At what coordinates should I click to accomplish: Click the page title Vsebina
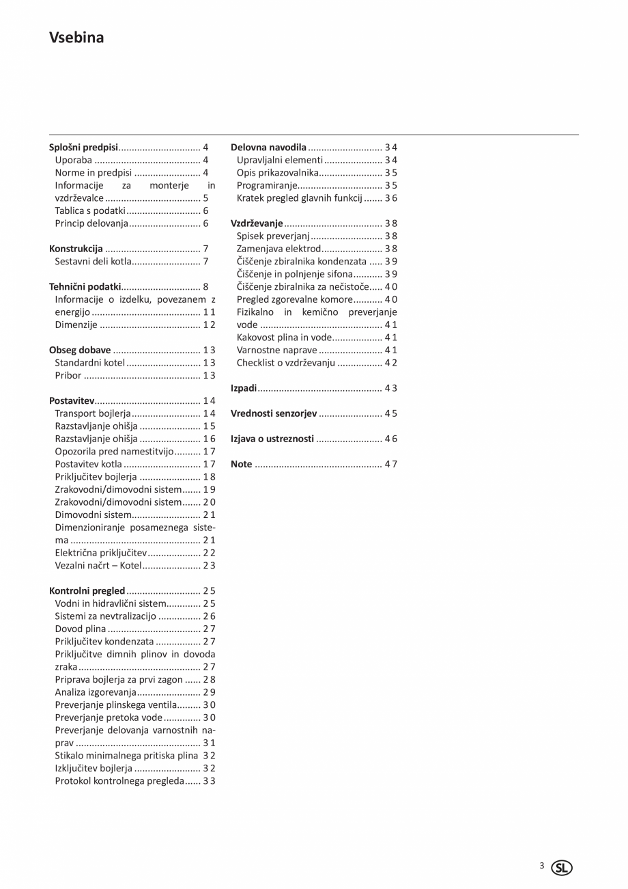(x=76, y=38)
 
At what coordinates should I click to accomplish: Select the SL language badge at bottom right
(x=563, y=868)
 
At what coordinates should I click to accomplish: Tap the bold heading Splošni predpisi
(x=84, y=147)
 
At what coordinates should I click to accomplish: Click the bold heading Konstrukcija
(x=76, y=249)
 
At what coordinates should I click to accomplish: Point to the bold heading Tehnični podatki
(x=85, y=287)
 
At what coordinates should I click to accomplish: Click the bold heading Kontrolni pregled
(x=87, y=591)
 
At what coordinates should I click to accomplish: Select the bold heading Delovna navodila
(x=268, y=147)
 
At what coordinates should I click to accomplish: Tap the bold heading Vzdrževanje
(x=257, y=223)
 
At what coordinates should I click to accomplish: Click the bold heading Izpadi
(x=244, y=388)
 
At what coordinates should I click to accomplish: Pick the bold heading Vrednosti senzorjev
(x=274, y=413)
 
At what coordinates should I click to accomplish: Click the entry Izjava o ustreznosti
(x=272, y=439)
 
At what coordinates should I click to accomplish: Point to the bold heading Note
(x=242, y=465)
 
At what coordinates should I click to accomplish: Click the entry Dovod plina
(x=81, y=629)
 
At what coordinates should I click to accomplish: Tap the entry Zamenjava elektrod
(x=279, y=249)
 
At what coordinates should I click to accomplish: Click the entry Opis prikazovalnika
(x=278, y=173)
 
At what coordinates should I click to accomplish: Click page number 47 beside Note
(x=390, y=465)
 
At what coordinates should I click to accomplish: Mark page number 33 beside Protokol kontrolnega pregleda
(x=209, y=781)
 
